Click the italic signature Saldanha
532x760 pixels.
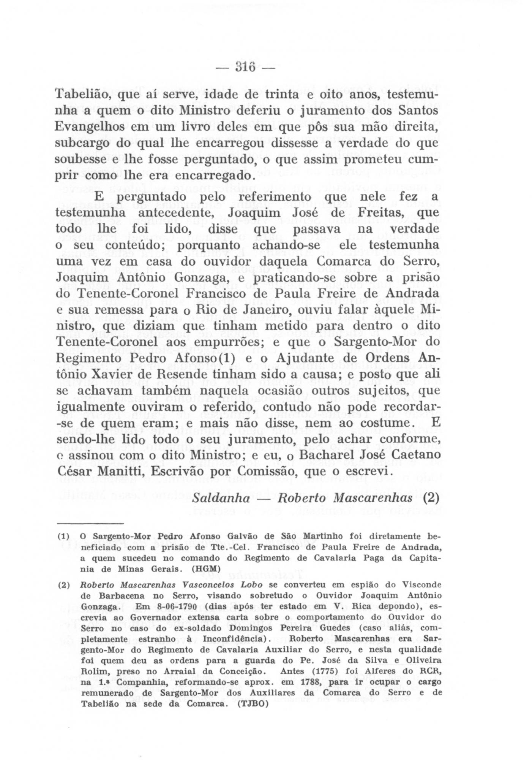[220, 498]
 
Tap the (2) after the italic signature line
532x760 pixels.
[431, 498]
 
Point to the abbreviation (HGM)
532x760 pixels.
[206, 569]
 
